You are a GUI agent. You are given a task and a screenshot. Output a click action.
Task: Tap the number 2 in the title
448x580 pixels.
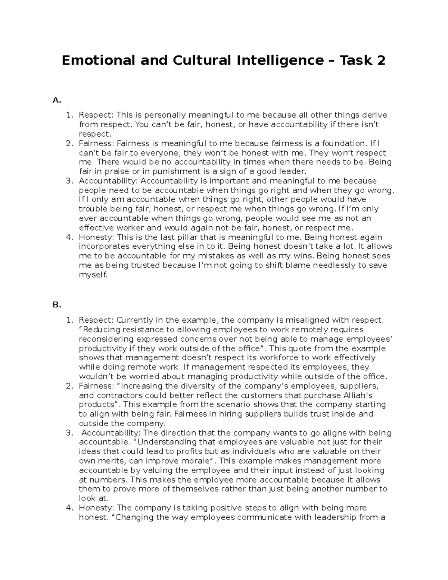[x=380, y=61]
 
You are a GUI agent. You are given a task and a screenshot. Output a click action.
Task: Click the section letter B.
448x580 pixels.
[x=56, y=305]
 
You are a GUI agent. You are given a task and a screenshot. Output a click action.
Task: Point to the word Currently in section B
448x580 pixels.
[x=135, y=320]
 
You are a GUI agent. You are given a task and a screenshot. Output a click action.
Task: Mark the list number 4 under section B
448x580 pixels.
[x=68, y=508]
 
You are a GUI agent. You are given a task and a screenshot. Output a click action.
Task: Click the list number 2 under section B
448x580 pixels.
[x=68, y=386]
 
